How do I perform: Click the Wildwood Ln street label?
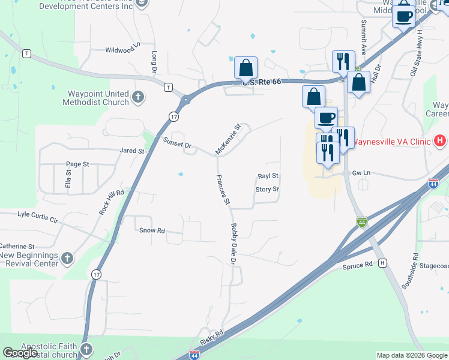click(x=122, y=50)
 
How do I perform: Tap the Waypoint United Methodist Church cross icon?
click(x=138, y=97)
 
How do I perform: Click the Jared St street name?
click(x=132, y=151)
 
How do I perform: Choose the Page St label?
click(x=77, y=164)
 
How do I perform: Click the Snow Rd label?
click(x=152, y=230)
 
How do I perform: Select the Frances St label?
click(x=223, y=189)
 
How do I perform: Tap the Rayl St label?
click(x=268, y=176)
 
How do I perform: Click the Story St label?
click(x=267, y=189)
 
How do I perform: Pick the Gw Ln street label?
click(x=360, y=172)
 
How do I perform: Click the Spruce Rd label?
click(x=358, y=265)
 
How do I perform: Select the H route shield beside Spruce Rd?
click(x=383, y=263)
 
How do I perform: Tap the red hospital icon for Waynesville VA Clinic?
click(x=440, y=142)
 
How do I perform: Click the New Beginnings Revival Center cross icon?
click(x=67, y=259)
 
